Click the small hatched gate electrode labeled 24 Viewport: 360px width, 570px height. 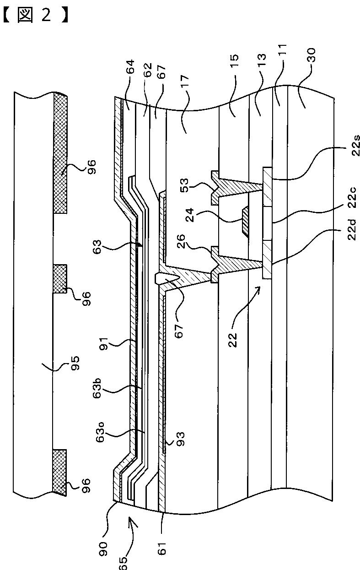tap(245, 221)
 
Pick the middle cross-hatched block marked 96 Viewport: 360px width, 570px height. tap(60, 278)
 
